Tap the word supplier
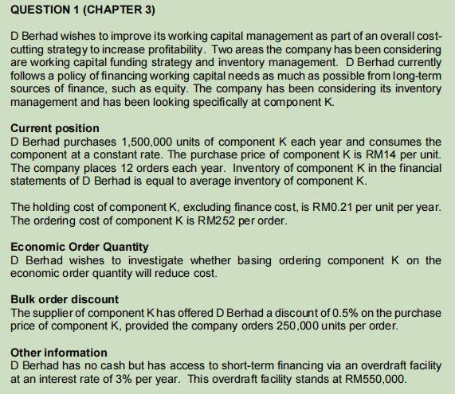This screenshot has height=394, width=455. pyautogui.click(x=53, y=312)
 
